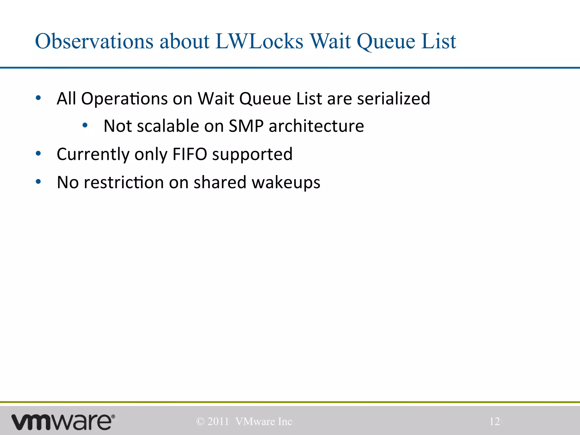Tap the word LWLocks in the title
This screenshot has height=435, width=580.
point(259,41)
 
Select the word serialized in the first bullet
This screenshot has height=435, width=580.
point(394,99)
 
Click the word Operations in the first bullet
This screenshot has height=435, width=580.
point(124,99)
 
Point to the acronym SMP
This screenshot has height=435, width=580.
point(246,126)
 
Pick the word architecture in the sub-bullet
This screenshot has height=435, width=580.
point(316,126)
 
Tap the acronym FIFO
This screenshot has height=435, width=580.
point(190,154)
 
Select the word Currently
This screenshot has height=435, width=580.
point(93,155)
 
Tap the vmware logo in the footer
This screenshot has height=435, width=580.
point(63,422)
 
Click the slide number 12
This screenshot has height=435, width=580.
point(494,421)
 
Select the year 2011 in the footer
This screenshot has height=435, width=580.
point(218,422)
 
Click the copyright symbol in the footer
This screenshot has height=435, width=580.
point(200,422)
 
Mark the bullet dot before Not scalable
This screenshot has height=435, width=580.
point(85,125)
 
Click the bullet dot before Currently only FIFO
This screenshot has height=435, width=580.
point(38,153)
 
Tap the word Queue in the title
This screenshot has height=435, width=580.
point(386,41)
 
